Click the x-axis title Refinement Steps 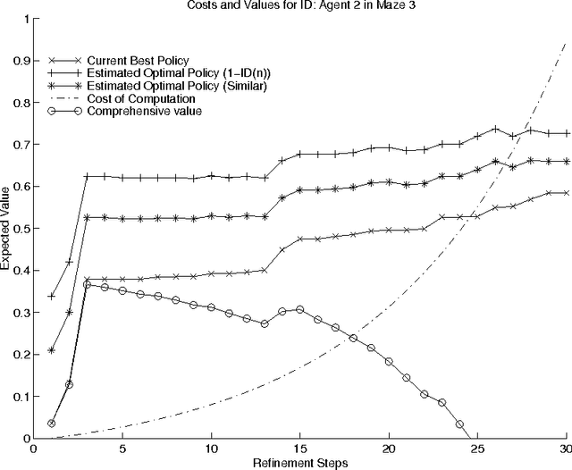tap(299, 462)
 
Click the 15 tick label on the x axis tap(299, 449)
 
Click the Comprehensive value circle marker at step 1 tap(52, 424)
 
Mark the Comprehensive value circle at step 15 tap(299, 309)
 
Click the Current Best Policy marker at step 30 tap(565, 193)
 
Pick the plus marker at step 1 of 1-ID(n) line tap(52, 296)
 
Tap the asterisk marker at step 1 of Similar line tap(52, 350)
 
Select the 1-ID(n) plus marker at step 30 tap(565, 133)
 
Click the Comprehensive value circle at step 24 tap(459, 424)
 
